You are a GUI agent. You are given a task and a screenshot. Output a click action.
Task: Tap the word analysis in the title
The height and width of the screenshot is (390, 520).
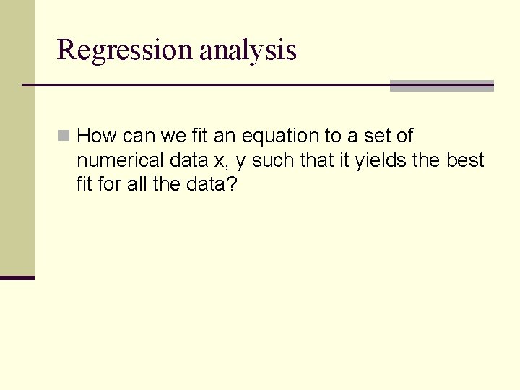coord(248,51)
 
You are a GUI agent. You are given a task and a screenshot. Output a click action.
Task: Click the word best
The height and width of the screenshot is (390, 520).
coord(465,160)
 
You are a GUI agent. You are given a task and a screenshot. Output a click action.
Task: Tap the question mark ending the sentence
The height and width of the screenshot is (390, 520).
coord(232,184)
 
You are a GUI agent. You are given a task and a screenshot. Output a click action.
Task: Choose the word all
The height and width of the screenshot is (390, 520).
coord(136,184)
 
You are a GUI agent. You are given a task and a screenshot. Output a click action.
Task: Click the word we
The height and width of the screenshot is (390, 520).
coord(175,136)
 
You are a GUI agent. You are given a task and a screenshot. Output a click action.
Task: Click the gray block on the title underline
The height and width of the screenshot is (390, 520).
coord(441,86)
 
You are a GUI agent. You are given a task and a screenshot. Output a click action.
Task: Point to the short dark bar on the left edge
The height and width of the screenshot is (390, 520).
coord(17,277)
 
